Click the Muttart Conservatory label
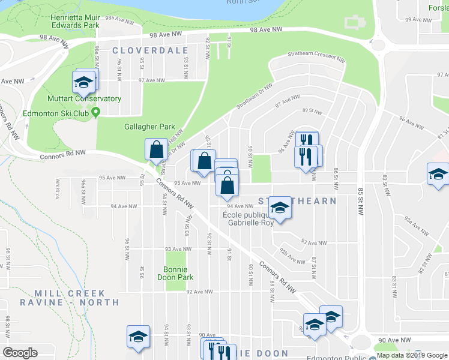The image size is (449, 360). pyautogui.click(x=85, y=98)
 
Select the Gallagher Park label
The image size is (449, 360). pyautogui.click(x=149, y=127)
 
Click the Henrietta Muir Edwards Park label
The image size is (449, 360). pyautogui.click(x=75, y=22)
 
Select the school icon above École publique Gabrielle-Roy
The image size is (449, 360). pyautogui.click(x=279, y=208)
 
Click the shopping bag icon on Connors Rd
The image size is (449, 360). pyautogui.click(x=155, y=149)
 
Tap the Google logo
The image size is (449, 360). pyautogui.click(x=20, y=353)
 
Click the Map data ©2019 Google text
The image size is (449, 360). pyautogui.click(x=412, y=355)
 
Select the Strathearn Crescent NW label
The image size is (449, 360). pyautogui.click(x=316, y=59)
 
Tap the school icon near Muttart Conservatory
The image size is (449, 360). pyautogui.click(x=84, y=81)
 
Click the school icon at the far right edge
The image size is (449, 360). pyautogui.click(x=438, y=174)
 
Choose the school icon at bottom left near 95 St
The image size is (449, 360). pyautogui.click(x=138, y=337)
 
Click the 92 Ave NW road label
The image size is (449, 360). pyautogui.click(x=200, y=292)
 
